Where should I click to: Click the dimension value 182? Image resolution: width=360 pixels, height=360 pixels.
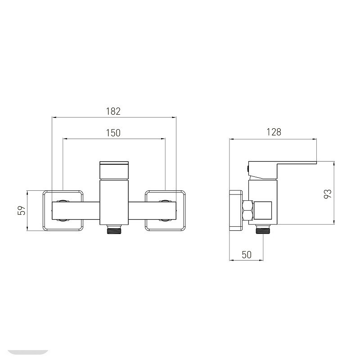(113, 111)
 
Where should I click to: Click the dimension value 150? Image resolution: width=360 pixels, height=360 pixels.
(113, 133)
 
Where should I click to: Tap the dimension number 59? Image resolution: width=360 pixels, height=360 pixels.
(22, 210)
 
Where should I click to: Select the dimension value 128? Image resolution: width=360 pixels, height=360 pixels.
(274, 132)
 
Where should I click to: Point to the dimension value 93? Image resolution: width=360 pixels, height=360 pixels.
(328, 194)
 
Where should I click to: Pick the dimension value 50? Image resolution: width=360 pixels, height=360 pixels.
(247, 255)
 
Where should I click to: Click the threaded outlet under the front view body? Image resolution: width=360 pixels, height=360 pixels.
(114, 229)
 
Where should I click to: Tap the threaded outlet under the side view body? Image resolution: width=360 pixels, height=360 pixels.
(263, 229)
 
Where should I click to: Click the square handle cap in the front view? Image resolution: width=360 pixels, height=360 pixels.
(114, 170)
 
